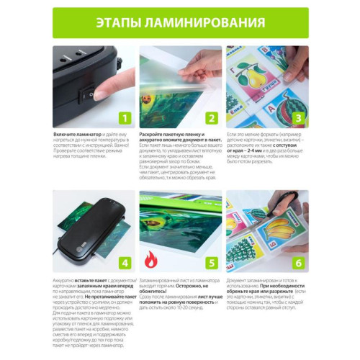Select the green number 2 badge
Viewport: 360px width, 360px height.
tap(212, 119)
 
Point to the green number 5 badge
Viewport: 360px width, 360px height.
tap(212, 262)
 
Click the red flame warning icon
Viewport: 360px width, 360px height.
tap(150, 258)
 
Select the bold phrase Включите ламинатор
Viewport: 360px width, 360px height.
tap(73, 134)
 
